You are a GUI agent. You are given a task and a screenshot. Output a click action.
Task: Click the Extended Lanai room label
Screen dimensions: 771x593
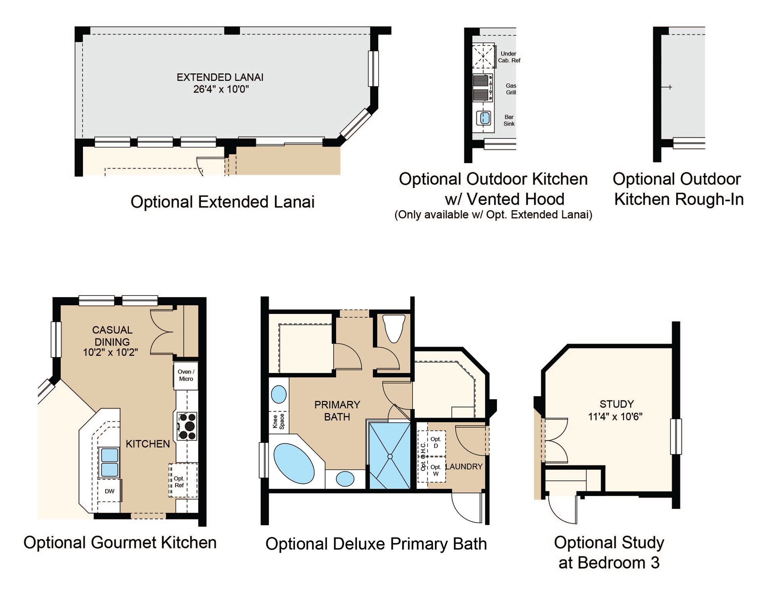coord(220,77)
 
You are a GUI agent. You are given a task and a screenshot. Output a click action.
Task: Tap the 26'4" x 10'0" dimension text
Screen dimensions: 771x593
coord(221,89)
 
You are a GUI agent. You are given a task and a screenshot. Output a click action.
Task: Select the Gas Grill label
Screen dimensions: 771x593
coord(511,89)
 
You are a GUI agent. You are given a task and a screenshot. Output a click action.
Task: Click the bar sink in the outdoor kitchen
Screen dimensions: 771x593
coord(484,118)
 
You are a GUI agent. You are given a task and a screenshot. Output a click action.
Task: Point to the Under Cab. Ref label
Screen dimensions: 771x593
coord(509,57)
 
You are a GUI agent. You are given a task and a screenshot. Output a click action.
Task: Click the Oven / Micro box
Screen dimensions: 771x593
coord(186,375)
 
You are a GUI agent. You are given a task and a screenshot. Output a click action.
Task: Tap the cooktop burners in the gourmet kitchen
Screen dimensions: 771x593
coord(187,426)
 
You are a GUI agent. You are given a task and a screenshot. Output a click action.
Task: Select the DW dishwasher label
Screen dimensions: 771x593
coord(109,491)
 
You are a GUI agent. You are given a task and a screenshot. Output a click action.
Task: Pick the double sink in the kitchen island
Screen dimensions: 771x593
coord(109,462)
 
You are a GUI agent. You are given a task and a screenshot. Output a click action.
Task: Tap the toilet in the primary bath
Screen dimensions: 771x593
coord(394,328)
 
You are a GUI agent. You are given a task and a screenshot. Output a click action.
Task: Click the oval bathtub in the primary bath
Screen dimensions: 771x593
coord(294,464)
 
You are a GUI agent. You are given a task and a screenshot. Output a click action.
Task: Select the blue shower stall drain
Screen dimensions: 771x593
coord(390,456)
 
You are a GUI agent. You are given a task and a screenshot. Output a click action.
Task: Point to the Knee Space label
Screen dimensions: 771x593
coord(278,422)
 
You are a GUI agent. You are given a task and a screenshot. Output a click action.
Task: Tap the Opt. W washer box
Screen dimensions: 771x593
coord(436,470)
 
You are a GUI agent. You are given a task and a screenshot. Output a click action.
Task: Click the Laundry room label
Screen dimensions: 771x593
coord(464,467)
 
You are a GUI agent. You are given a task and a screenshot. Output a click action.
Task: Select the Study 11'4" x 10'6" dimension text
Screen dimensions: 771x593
coord(615,417)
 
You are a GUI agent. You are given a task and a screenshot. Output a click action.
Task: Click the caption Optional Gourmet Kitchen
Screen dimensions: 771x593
coord(120,543)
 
